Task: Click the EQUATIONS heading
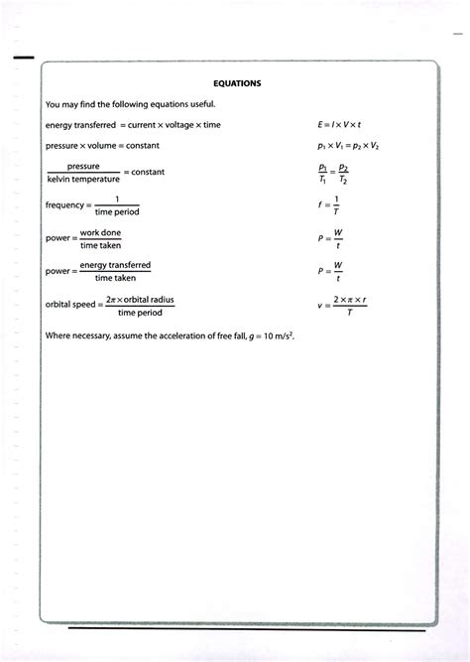pos(237,84)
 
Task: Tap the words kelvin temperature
pos(83,180)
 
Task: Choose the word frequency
pos(64,205)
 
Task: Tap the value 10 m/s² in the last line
pos(277,335)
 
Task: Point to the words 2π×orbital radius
pos(140,297)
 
